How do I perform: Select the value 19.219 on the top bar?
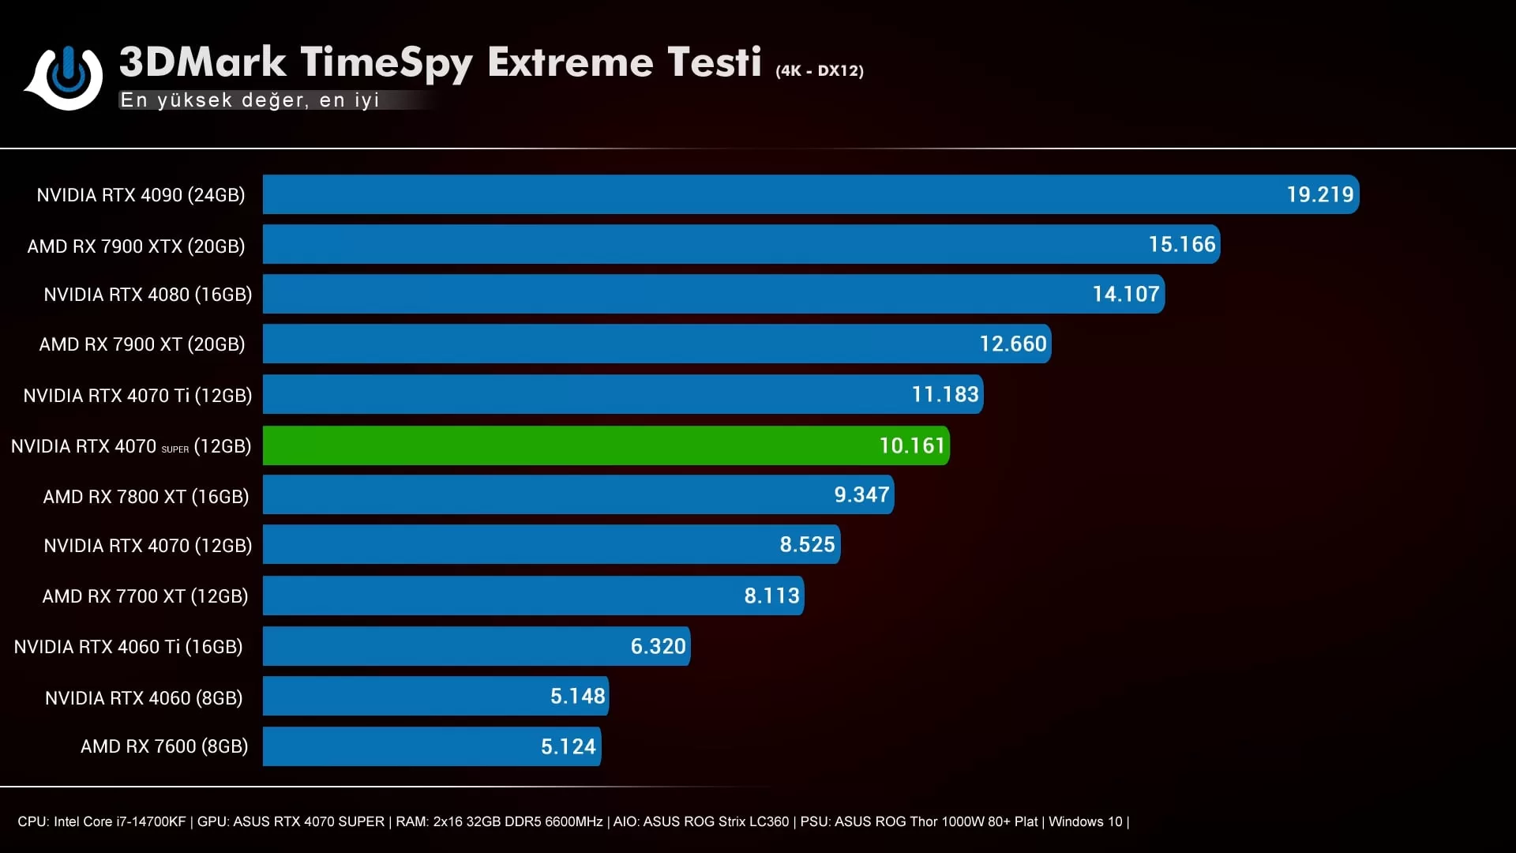[1319, 194]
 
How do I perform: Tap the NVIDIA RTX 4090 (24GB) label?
[141, 195]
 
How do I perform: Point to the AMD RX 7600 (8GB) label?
[164, 746]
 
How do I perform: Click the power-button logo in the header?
[67, 76]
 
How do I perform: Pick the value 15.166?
[1181, 244]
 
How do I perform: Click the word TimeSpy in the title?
[386, 63]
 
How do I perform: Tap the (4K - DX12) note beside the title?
[819, 70]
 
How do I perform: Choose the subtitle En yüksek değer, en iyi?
[250, 100]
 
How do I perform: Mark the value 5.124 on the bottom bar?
[568, 746]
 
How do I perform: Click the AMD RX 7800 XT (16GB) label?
[145, 497]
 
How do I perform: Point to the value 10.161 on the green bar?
[911, 445]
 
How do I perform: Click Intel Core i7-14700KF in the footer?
[119, 821]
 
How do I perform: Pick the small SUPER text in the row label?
[175, 449]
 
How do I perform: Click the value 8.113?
[771, 596]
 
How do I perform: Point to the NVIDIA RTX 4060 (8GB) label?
[144, 698]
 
